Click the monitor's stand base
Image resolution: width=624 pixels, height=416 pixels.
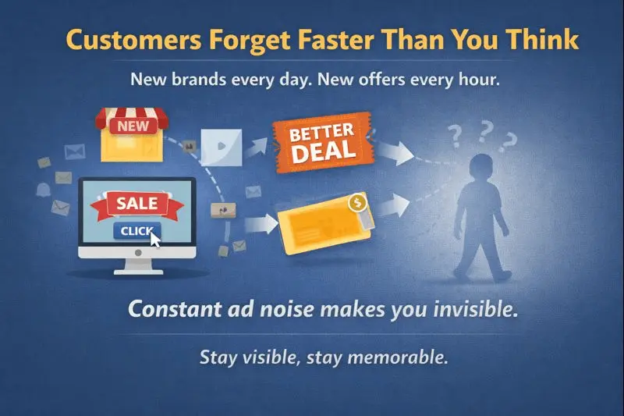tap(137, 269)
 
